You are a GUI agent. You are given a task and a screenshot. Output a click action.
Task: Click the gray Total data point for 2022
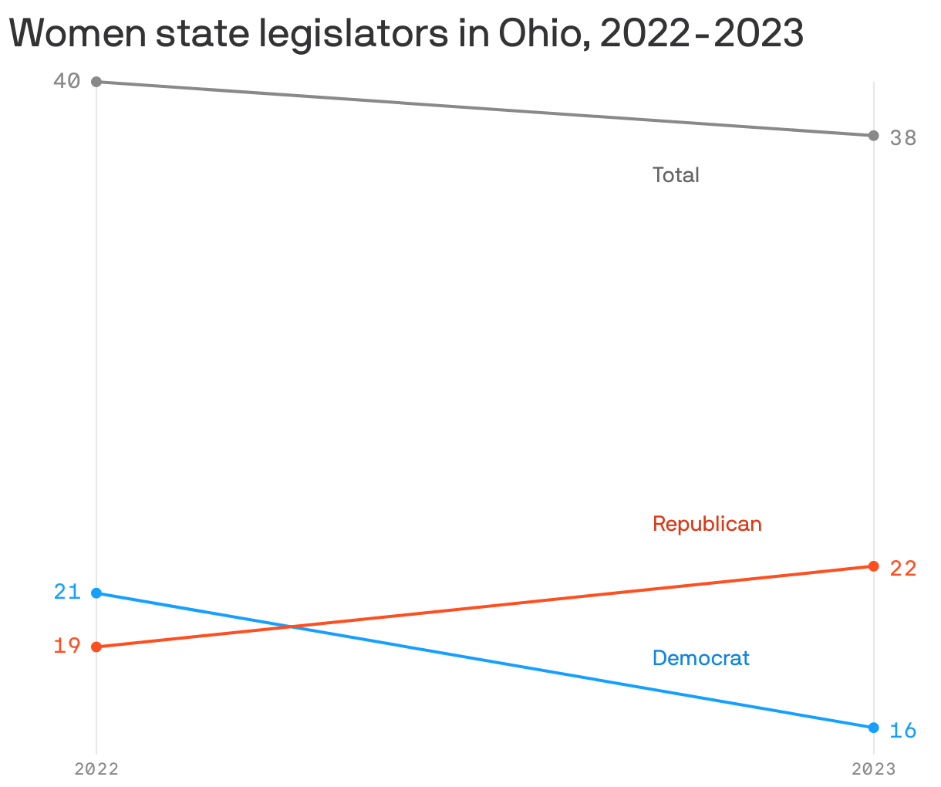[96, 82]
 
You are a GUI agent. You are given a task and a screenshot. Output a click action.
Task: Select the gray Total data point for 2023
[873, 136]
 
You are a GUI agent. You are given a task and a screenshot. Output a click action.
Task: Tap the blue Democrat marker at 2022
[96, 593]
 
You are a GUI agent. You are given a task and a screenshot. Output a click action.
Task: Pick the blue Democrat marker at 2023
[873, 728]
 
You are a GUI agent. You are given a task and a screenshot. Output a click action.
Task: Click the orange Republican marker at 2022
[96, 647]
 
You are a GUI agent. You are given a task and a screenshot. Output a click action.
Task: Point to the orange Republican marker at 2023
[873, 566]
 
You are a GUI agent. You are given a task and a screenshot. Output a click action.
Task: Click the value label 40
[67, 81]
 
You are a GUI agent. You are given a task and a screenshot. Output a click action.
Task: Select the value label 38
[902, 138]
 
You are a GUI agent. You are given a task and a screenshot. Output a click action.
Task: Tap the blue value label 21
[67, 592]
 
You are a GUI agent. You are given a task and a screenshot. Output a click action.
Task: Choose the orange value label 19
[67, 646]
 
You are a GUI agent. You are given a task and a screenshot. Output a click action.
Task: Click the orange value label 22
[902, 569]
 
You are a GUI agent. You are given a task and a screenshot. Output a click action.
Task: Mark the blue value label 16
[902, 730]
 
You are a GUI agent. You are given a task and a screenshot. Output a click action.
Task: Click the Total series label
[676, 175]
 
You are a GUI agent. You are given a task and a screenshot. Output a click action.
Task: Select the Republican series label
[707, 524]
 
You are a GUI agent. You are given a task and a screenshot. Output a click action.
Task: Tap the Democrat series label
[700, 658]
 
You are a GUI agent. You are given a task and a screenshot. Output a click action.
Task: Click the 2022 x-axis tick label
[96, 769]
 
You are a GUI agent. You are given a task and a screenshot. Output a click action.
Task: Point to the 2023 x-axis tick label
[873, 769]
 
